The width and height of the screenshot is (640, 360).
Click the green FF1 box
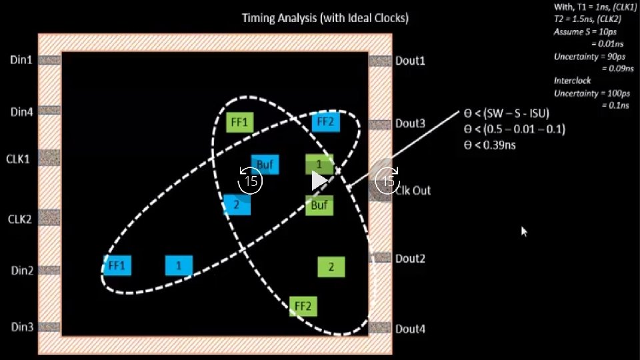point(239,123)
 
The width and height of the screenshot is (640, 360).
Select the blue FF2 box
point(326,122)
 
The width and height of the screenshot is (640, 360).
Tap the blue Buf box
point(265,164)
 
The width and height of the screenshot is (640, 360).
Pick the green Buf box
point(319,205)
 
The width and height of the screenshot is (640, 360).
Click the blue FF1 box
point(117,265)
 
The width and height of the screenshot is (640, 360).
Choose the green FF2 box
point(303,306)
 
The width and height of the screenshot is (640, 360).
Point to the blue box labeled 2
point(237,205)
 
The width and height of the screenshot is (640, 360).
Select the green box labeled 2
point(331,267)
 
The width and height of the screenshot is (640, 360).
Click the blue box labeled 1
point(179,265)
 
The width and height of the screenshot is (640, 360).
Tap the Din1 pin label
point(21,60)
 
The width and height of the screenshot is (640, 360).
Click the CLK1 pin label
point(19,159)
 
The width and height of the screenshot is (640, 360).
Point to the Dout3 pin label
point(410,123)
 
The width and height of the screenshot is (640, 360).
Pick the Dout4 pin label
point(410,329)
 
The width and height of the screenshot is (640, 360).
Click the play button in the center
point(319,181)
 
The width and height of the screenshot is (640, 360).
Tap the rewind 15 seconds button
point(251,181)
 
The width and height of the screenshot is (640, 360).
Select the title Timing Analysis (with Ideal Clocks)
point(325,18)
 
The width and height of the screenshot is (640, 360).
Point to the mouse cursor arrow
point(524,231)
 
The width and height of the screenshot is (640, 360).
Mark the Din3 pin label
point(21,327)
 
